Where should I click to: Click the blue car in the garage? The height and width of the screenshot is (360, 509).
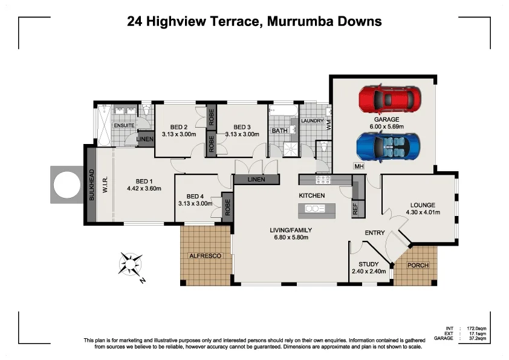pos(387,147)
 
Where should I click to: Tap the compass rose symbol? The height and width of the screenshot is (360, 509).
pos(131,264)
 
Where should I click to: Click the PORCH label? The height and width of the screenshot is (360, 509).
pos(418,266)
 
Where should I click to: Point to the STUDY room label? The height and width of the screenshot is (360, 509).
pos(368,264)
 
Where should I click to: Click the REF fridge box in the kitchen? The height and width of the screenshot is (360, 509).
pos(355,209)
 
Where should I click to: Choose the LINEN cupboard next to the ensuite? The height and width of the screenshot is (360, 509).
pos(145,139)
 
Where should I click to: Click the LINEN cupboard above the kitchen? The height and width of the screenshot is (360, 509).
pos(256,179)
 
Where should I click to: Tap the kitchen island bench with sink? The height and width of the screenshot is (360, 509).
pos(317,209)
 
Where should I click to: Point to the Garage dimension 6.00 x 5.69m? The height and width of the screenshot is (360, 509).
pos(387,127)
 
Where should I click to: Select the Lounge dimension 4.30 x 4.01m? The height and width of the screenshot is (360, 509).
pos(423,212)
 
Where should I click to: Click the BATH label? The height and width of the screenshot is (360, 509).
pos(279,131)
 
